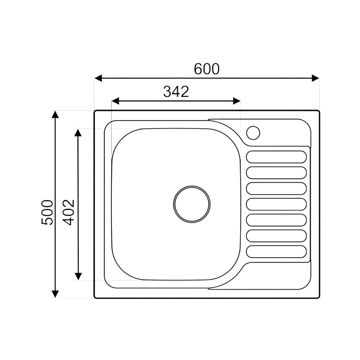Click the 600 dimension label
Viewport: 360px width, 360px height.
pyautogui.click(x=207, y=69)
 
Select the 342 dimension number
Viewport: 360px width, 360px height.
pyautogui.click(x=176, y=91)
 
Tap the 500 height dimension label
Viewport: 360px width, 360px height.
pyautogui.click(x=47, y=212)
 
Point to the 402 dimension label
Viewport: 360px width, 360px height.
pyautogui.click(x=69, y=212)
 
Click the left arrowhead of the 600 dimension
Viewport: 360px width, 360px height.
pyautogui.click(x=98, y=78)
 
